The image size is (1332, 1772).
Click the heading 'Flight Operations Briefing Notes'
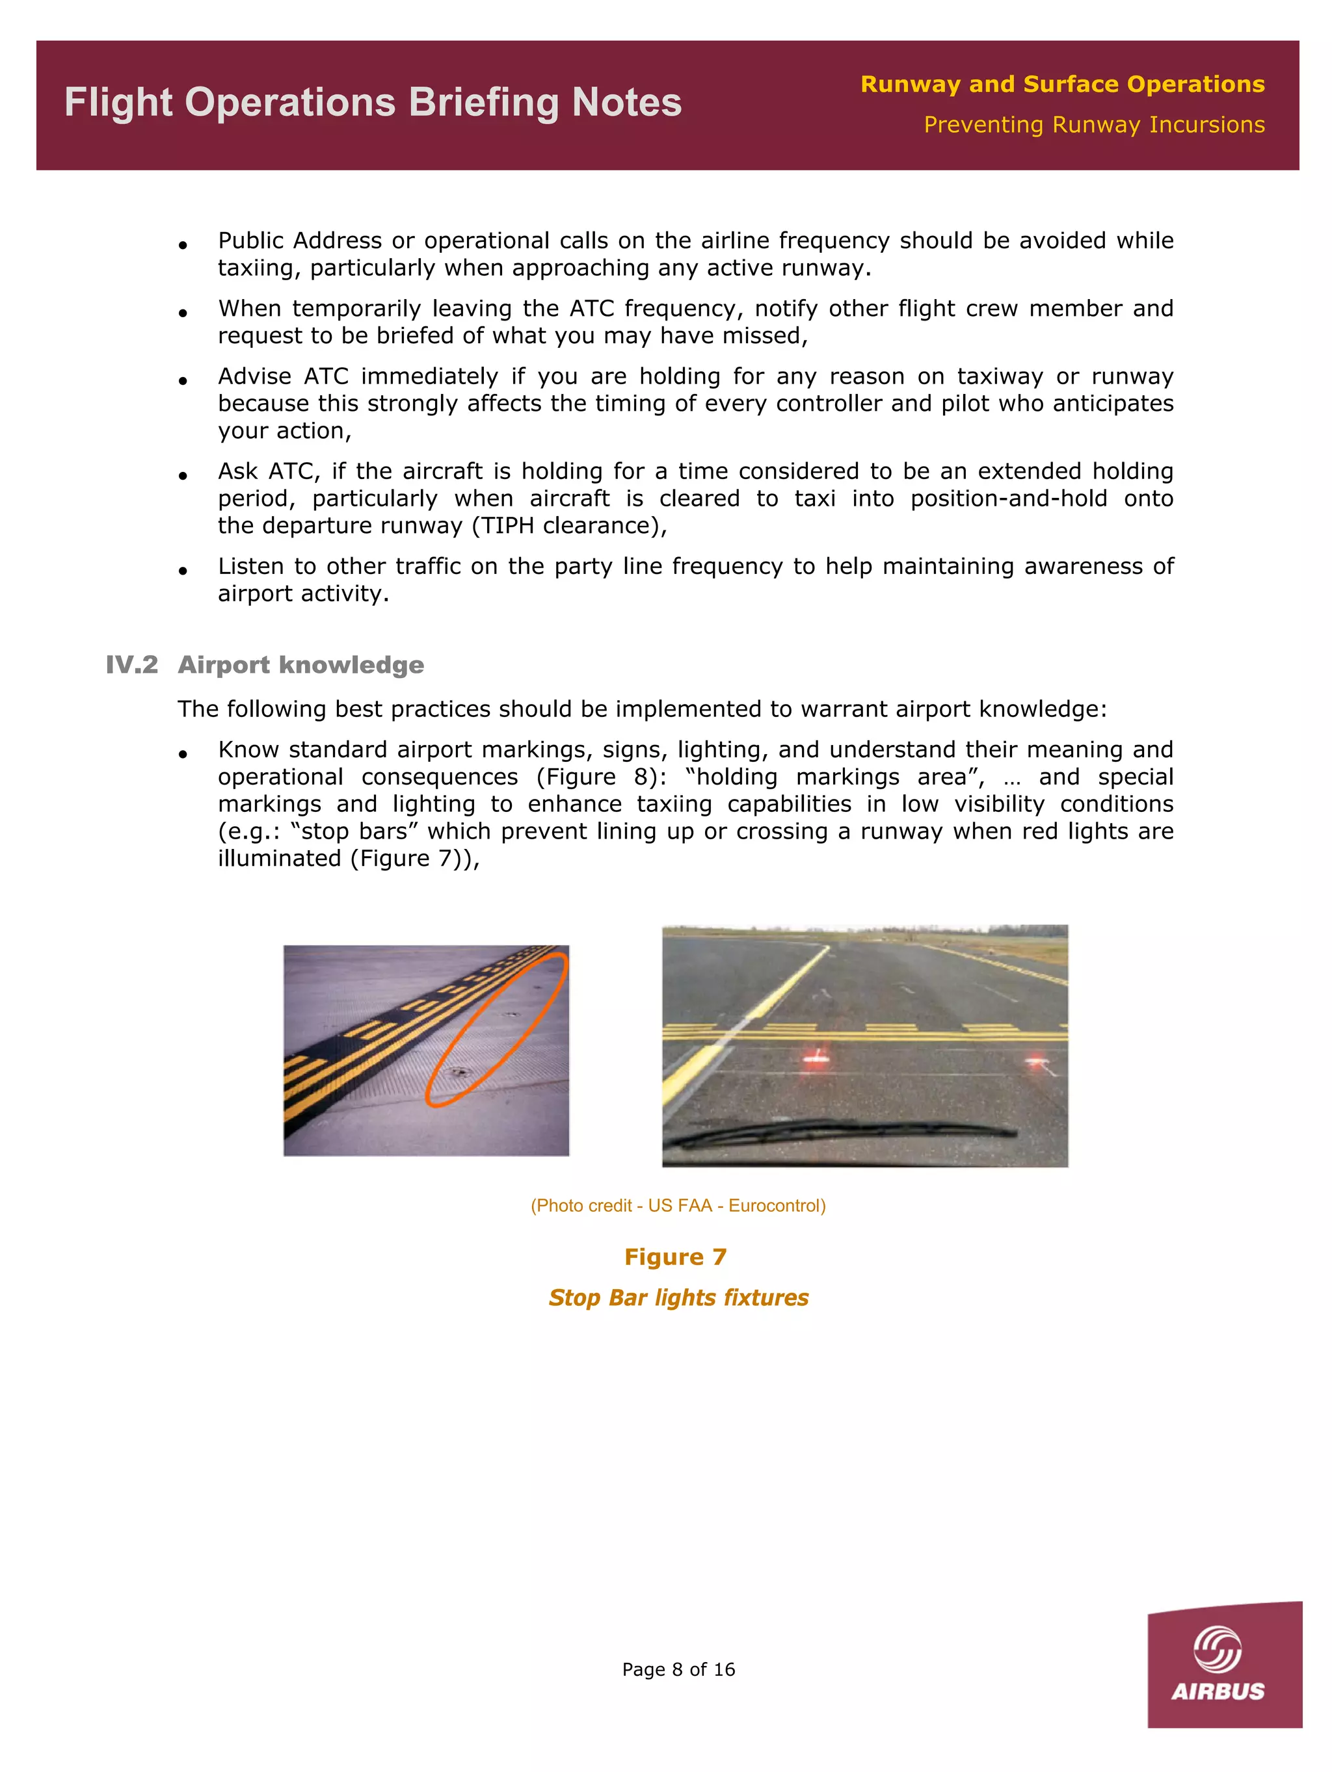(373, 103)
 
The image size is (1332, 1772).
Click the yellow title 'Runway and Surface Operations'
(1062, 84)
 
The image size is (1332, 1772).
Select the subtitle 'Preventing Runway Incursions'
(1094, 125)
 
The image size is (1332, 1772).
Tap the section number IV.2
(131, 665)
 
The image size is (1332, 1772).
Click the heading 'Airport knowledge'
(300, 665)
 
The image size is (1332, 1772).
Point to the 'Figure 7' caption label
(675, 1257)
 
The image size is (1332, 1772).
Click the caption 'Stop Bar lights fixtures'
(678, 1297)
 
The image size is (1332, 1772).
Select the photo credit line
(678, 1206)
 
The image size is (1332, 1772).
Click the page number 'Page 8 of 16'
(678, 1669)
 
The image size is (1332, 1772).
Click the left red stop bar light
(815, 1059)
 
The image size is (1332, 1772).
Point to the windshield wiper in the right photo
(842, 1131)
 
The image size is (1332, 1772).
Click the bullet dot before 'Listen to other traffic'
(183, 570)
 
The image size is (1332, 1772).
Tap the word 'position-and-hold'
(1008, 499)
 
